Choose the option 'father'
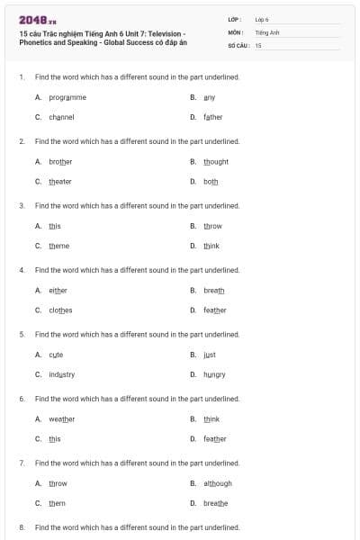[213, 117]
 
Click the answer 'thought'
[216, 161]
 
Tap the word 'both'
[211, 181]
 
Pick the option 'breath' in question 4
[214, 290]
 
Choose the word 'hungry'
[214, 374]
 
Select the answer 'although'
[218, 483]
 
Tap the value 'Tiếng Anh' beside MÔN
[267, 31]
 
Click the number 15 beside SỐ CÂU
[258, 44]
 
